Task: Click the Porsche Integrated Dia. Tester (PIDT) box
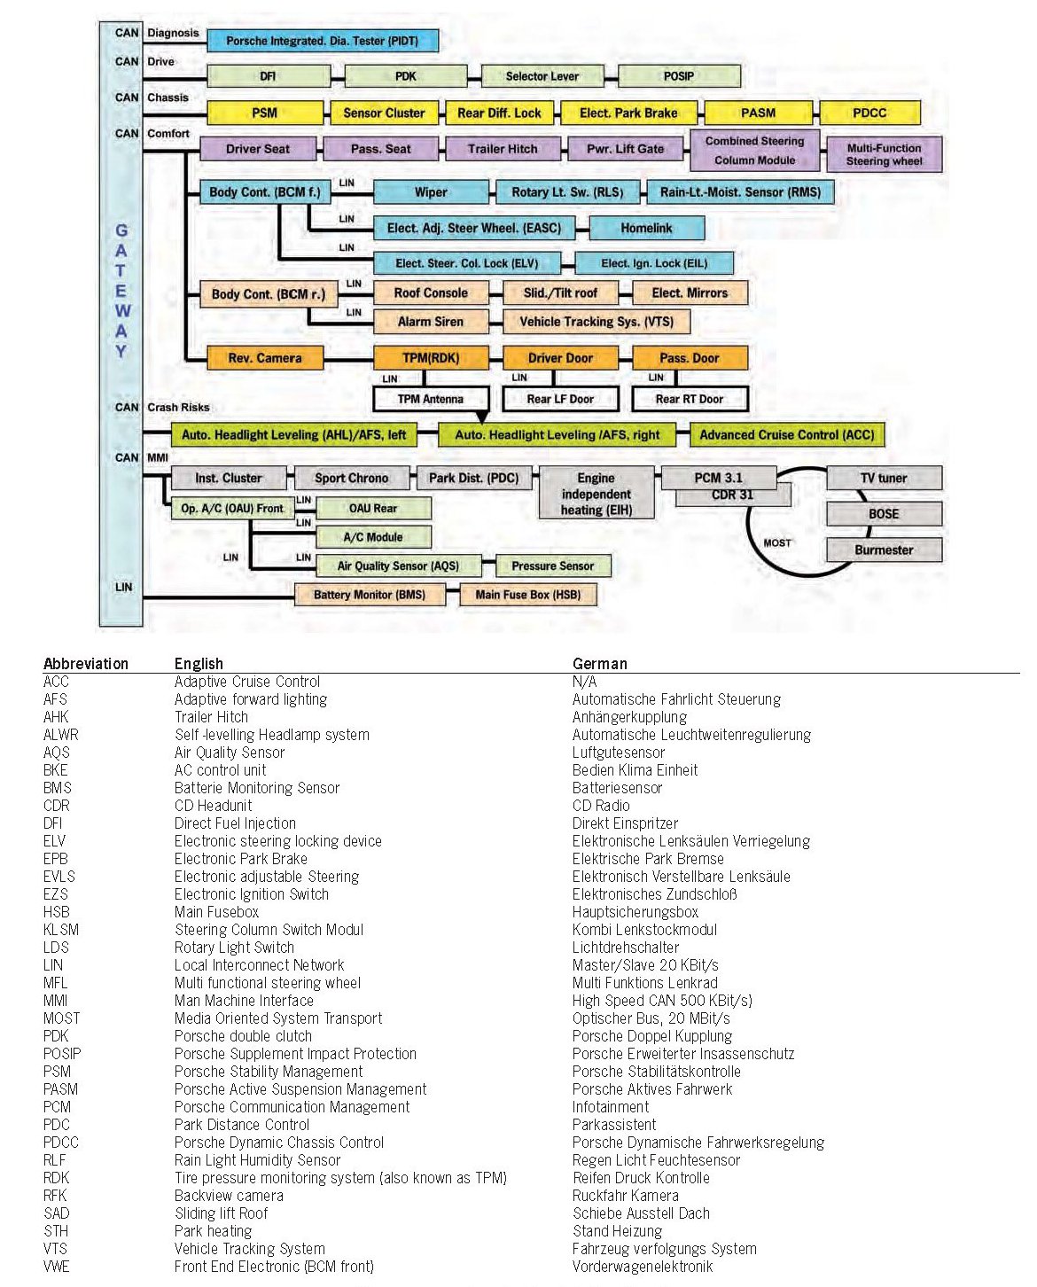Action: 323,41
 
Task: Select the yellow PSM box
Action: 264,113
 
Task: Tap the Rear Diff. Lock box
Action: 499,113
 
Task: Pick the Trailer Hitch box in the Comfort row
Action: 503,149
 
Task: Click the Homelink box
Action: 646,228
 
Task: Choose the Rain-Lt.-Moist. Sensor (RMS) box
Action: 740,191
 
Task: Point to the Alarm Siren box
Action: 431,322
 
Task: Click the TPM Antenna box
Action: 431,399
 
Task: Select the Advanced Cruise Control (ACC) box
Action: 786,434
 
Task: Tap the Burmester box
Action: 884,550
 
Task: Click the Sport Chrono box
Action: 351,478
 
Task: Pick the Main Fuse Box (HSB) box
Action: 528,595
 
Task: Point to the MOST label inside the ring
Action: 777,542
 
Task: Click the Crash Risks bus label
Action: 178,407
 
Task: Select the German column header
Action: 599,664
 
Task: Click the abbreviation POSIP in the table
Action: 62,1054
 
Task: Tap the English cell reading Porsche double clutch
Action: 243,1036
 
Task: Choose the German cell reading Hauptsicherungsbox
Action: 635,912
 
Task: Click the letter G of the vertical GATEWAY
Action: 121,230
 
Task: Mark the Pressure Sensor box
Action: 552,565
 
